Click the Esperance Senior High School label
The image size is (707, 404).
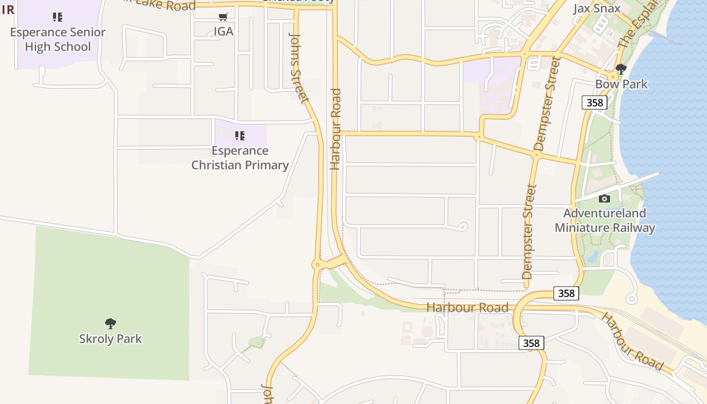coord(58,39)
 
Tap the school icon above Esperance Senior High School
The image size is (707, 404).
coord(58,17)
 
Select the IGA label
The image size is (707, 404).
coord(223,31)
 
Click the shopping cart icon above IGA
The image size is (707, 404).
coord(223,17)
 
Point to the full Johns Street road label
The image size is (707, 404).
coord(298,68)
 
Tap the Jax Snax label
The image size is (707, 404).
coord(596,9)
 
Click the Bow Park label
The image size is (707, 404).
coord(621,84)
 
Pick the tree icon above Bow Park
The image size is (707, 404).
coord(621,69)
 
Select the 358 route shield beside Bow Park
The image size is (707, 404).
coord(594,103)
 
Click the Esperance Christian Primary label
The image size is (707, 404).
coord(240,158)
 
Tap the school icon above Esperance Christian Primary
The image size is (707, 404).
coord(240,135)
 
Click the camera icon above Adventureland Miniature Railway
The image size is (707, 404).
coord(604,198)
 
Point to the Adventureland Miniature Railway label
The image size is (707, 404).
coord(604,220)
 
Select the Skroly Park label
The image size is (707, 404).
coord(111,338)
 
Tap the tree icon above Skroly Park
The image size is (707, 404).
coord(111,324)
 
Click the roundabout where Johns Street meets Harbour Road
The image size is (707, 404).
coord(317,264)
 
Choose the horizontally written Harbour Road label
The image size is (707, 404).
coord(467,307)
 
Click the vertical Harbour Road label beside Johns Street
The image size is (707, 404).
coord(335,129)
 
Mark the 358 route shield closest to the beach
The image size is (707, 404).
coord(566,293)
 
